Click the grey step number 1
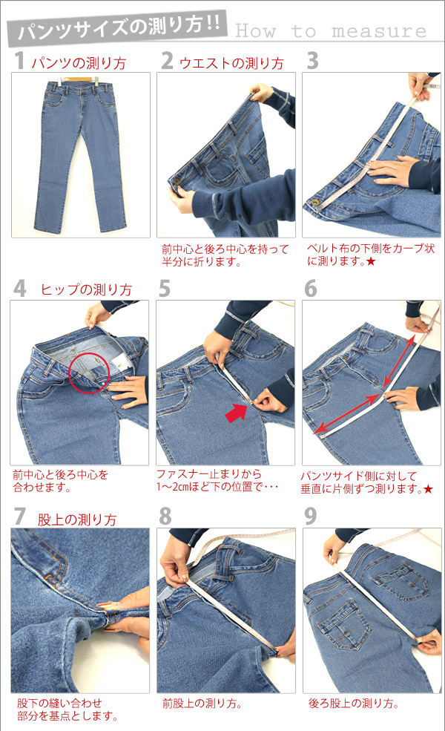coord(19,61)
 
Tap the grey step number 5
coord(164,289)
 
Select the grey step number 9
coord(311,516)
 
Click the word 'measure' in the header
coord(379,31)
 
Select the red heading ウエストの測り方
coord(231,63)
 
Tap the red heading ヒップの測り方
coord(86,289)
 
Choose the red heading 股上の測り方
coord(77,519)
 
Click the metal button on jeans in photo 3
coord(315,203)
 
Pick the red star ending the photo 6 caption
coord(428,489)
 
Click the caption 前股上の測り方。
coord(202,704)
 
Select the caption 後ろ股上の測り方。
coord(353,704)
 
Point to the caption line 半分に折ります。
coord(201,262)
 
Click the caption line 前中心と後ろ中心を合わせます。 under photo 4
coord(60,481)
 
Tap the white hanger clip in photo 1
coord(96,79)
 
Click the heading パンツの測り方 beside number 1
coord(79,63)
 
